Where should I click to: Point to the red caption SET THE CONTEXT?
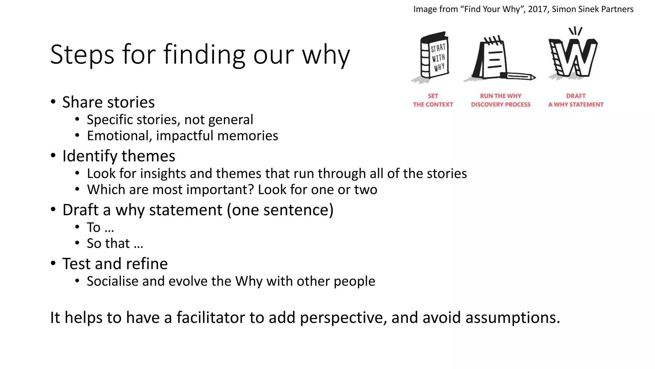pos(433,100)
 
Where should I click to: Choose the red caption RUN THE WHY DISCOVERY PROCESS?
pos(501,100)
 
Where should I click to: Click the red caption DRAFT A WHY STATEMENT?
pos(576,100)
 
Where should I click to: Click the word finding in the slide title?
pos(204,55)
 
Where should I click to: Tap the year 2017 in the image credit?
pos(537,9)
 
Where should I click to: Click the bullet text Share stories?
pos(108,102)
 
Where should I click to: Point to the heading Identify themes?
pos(119,156)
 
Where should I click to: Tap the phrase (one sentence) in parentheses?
pos(280,210)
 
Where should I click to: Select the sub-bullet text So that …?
pos(115,243)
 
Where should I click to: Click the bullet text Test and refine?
pos(115,264)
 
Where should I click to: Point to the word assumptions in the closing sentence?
pos(512,318)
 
